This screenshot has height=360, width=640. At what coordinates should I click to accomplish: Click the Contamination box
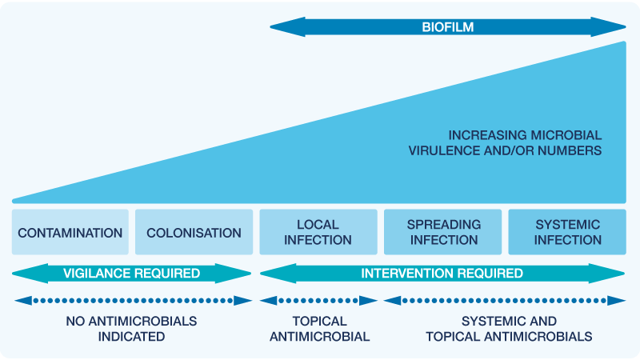[x=70, y=233]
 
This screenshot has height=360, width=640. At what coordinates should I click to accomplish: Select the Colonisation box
[x=194, y=233]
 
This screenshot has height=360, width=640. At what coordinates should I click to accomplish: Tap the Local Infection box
[x=318, y=232]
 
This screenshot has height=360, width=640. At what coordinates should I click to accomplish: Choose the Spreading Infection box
[x=443, y=232]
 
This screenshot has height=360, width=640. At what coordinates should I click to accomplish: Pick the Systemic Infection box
[x=567, y=232]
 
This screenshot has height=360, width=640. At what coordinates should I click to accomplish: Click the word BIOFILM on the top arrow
[x=448, y=27]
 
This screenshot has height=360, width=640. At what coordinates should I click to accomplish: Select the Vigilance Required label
[x=131, y=274]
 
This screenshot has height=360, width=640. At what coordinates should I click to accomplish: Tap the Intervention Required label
[x=442, y=274]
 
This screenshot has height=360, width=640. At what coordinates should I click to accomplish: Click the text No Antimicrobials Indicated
[x=131, y=329]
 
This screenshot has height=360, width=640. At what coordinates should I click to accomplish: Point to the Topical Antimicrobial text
[x=319, y=329]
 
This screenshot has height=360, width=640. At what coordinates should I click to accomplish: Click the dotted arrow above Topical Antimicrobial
[x=318, y=301]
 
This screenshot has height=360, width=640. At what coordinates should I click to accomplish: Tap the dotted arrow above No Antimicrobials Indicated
[x=133, y=301]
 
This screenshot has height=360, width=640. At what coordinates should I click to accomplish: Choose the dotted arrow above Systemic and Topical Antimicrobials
[x=505, y=301]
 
